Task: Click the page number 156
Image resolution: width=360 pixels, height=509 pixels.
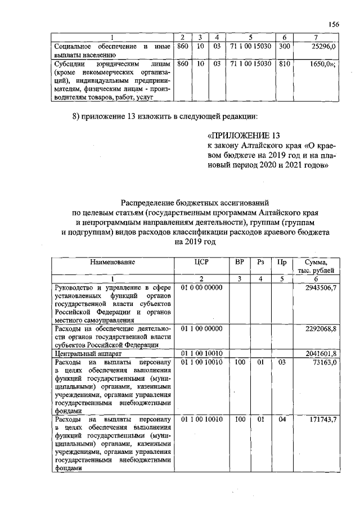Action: (333, 24)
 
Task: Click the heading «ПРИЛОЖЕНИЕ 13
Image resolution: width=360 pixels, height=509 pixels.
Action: (244, 136)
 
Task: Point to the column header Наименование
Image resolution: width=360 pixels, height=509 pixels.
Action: (112, 262)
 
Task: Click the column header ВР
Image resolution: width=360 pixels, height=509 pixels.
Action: (240, 262)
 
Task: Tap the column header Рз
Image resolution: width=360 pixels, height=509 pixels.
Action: (260, 262)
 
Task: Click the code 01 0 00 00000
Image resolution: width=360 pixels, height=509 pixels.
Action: (202, 287)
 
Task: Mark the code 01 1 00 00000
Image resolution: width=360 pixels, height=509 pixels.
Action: (202, 327)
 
